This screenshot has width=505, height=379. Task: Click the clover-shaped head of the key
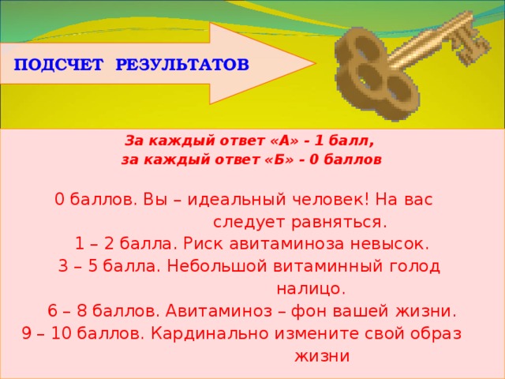click(364, 75)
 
